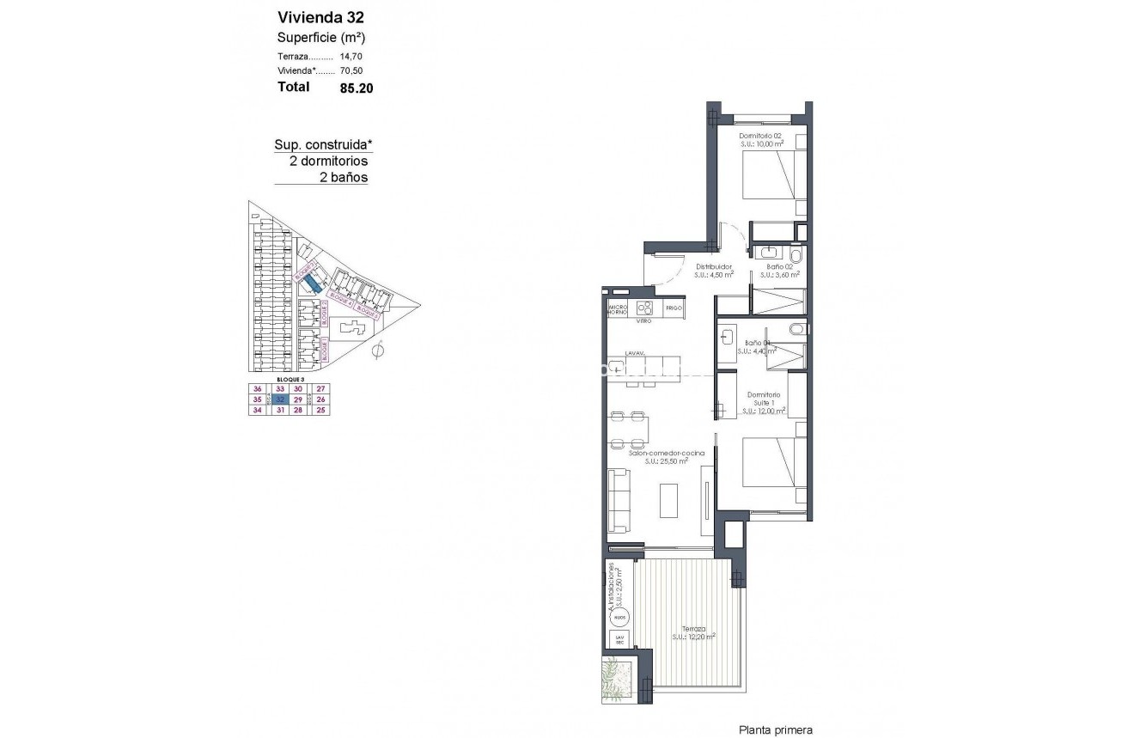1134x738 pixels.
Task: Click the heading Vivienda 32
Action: click(315, 16)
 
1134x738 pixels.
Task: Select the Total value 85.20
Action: click(357, 87)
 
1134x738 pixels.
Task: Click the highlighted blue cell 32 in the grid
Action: click(280, 399)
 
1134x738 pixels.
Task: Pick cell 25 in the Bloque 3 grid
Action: click(321, 410)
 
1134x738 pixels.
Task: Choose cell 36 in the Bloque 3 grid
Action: click(256, 389)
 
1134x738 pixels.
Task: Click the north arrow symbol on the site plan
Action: click(379, 350)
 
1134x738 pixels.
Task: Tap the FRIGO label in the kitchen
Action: click(673, 308)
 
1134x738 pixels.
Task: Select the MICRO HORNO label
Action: click(618, 309)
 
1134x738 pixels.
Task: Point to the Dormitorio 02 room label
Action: click(761, 136)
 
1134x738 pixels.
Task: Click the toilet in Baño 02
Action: click(796, 255)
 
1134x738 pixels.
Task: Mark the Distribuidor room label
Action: click(713, 266)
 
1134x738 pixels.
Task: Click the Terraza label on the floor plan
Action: click(694, 628)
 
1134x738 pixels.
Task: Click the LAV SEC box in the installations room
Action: click(619, 639)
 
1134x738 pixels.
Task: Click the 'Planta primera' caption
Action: click(776, 729)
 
